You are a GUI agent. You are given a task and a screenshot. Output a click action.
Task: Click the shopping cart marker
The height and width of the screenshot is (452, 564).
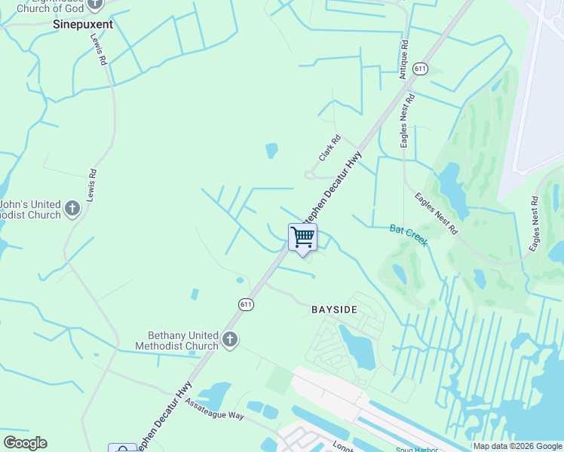pyautogui.click(x=302, y=237)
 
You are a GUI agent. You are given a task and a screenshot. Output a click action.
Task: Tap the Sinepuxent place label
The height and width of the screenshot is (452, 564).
pyautogui.click(x=83, y=24)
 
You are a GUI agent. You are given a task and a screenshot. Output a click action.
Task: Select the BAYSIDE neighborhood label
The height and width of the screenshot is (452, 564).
pyautogui.click(x=334, y=310)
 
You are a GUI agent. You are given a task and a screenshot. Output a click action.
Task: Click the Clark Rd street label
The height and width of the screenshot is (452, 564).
pyautogui.click(x=330, y=148)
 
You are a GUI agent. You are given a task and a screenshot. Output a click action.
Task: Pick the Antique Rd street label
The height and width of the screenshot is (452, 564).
pyautogui.click(x=403, y=60)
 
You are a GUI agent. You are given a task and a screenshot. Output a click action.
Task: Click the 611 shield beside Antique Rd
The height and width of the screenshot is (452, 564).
pyautogui.click(x=421, y=69)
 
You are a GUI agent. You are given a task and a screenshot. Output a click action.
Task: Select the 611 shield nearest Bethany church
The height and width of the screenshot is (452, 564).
pyautogui.click(x=246, y=304)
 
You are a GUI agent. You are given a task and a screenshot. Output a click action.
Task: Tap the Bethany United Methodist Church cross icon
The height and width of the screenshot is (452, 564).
pyautogui.click(x=230, y=341)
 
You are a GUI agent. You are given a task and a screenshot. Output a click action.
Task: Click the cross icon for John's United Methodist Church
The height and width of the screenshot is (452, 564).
pyautogui.click(x=72, y=208)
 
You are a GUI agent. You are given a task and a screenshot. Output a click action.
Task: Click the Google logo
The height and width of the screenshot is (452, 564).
pyautogui.click(x=25, y=443)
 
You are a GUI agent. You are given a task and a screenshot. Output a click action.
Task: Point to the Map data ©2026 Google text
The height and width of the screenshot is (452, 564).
pyautogui.click(x=517, y=446)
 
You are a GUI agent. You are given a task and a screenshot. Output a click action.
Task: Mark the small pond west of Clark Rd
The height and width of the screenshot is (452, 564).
pyautogui.click(x=271, y=151)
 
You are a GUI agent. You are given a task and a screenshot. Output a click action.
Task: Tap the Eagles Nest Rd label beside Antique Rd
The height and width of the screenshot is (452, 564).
pyautogui.click(x=408, y=120)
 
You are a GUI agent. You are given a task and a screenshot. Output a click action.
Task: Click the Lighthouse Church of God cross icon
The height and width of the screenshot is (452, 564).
pyautogui.click(x=94, y=4)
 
